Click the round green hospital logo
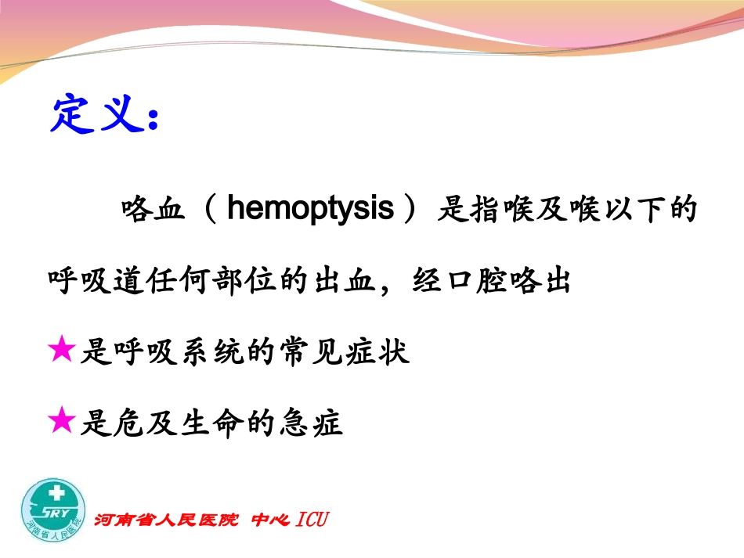coord(53,509)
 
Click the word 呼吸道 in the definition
coord(97,281)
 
